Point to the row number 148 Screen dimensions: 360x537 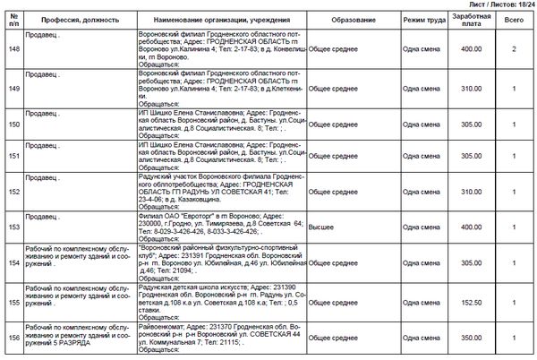[x=13, y=50]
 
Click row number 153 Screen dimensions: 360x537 [x=13, y=227]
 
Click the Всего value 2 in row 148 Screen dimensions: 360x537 [x=514, y=50]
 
